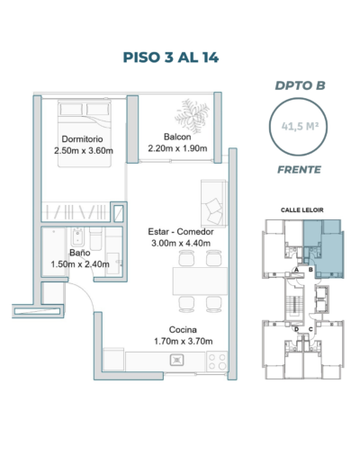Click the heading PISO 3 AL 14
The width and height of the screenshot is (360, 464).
coord(171,58)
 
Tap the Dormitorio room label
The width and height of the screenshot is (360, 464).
coord(82,139)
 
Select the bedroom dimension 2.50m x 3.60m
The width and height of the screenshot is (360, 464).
coord(84,150)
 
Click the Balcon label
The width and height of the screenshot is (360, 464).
coord(177,137)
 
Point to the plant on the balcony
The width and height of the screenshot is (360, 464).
coord(192,116)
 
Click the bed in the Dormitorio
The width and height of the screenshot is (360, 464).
coord(85,134)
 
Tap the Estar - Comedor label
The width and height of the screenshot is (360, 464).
coord(181,232)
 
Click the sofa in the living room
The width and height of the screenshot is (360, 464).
coord(214,203)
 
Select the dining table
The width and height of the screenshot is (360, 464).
coord(200,281)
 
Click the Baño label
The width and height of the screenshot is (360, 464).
coord(80,253)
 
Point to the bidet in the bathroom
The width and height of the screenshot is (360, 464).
coord(77,236)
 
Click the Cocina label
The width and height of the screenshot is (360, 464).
coord(183,330)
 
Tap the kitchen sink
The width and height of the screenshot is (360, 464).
coord(177,360)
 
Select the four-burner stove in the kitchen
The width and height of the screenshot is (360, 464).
coord(217,361)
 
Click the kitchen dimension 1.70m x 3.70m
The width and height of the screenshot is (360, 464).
coord(184,341)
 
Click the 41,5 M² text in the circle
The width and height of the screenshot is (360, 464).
coord(300,127)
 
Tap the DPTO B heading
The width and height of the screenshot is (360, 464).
coord(300,85)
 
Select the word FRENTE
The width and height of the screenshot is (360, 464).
coord(299,170)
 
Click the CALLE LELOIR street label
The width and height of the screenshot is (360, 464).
coord(302,210)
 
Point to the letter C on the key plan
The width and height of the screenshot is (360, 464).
coord(310,329)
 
